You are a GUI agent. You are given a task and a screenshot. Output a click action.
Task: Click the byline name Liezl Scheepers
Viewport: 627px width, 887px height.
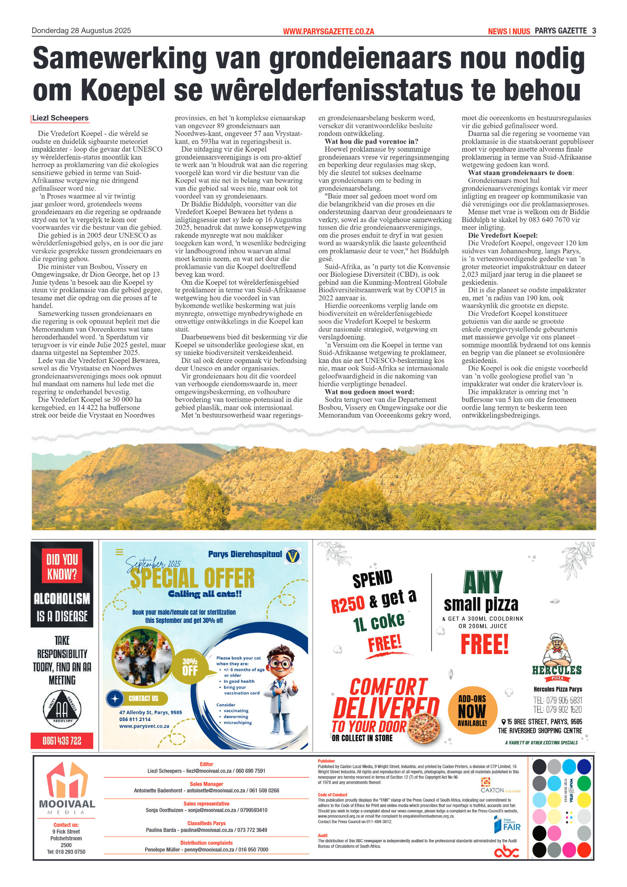coord(60,118)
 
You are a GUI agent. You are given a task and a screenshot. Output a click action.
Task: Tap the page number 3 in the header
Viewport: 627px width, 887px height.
coord(594,31)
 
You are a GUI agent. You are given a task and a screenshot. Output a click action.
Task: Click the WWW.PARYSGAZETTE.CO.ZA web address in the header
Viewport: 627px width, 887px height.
coord(328,32)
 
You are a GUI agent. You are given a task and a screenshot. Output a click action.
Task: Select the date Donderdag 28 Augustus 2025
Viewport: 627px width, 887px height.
coord(81,31)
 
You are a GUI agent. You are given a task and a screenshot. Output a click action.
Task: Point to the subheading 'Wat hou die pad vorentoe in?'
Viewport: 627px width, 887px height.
coord(371,142)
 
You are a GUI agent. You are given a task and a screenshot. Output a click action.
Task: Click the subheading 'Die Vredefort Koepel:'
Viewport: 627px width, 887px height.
coord(503,235)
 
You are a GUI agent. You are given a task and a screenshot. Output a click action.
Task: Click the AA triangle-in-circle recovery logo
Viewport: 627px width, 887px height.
coord(62,709)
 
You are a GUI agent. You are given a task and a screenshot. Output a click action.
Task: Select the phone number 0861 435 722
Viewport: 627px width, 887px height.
coord(62,741)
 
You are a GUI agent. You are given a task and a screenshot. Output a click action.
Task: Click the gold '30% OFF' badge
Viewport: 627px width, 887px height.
coord(190,667)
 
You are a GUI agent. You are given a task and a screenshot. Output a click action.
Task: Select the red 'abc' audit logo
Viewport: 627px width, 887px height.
coord(507,852)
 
